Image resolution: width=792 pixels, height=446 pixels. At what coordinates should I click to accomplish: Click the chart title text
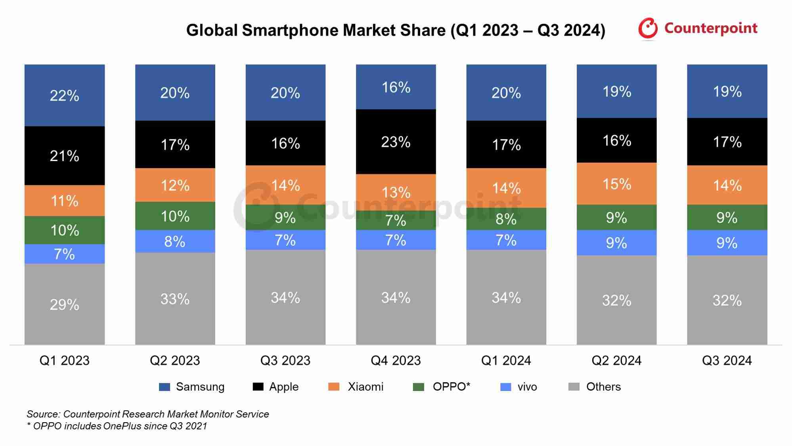coord(396,31)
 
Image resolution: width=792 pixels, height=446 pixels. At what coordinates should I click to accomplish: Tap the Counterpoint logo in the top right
coord(698,29)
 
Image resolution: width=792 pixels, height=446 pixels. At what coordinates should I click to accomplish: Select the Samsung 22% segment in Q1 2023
coord(65,96)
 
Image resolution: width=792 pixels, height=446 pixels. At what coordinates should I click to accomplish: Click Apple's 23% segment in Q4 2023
coord(396,142)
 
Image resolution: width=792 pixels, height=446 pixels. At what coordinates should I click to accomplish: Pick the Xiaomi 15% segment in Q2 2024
coord(616,184)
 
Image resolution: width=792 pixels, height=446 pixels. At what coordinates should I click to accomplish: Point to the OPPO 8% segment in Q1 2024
coord(506,219)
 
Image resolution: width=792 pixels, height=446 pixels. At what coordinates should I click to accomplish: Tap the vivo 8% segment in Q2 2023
coord(175,241)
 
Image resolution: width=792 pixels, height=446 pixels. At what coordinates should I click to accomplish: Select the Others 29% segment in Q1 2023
coord(65,304)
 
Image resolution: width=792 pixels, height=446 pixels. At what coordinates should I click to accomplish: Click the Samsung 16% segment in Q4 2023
coord(396,87)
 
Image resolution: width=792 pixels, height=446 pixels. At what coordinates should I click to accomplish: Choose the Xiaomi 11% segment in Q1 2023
coord(65,201)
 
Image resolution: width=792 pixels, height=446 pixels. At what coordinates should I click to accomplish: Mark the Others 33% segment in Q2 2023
coord(175,299)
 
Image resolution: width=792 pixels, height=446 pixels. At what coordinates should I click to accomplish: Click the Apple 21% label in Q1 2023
coord(65,156)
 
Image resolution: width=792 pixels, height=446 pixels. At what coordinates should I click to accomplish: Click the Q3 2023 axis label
coord(285,360)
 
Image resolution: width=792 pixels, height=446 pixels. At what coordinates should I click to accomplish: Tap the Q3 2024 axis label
coord(727,360)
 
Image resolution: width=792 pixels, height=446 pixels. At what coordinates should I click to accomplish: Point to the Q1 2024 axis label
coord(506,360)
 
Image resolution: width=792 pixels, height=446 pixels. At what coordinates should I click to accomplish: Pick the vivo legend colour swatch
coord(506,387)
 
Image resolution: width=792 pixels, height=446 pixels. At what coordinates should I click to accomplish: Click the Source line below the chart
coord(147,414)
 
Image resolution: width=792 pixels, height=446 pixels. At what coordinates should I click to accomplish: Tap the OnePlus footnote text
coord(117,426)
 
